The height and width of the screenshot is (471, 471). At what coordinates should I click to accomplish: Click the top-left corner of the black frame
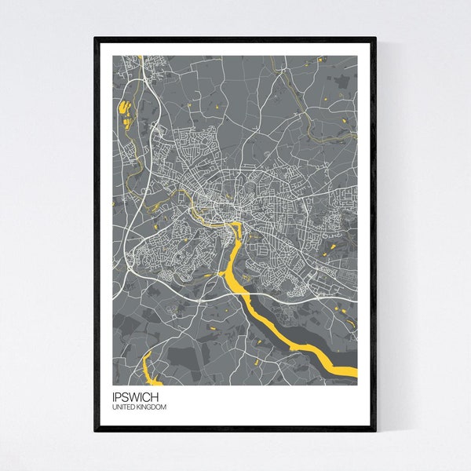[95, 38]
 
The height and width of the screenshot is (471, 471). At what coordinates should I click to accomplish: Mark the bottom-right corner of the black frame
[375, 430]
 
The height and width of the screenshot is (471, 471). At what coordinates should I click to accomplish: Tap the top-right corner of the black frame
[375, 38]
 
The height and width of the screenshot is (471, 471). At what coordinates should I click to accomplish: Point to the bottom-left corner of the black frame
[95, 430]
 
